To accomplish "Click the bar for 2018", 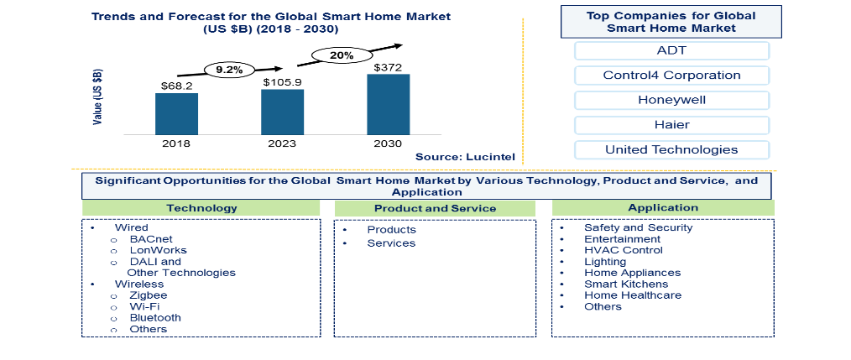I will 176,113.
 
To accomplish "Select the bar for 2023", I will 283,112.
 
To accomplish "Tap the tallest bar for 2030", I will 389,104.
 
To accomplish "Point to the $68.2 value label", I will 176,86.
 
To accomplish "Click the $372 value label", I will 389,66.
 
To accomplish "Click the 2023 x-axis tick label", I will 283,143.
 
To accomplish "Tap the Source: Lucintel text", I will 465,156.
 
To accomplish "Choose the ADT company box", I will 671,50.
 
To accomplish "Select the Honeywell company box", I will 671,100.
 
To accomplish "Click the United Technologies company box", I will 671,150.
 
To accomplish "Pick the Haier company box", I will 671,125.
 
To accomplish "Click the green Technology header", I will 201,208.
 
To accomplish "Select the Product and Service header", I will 435,208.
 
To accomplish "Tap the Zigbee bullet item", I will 149,295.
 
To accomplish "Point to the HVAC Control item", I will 623,250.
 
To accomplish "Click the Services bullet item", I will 391,243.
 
